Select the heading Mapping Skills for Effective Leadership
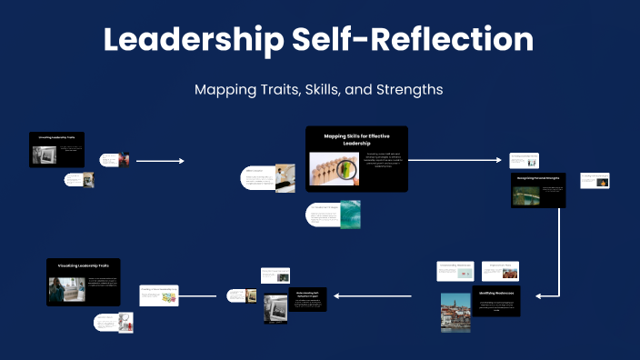coord(356,139)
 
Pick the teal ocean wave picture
coord(350,214)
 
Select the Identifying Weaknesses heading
coord(496,294)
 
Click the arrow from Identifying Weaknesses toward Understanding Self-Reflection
coord(373,295)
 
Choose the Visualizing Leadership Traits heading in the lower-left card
coord(84,265)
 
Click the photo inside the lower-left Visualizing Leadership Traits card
coord(67,290)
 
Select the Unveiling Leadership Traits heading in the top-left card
coord(56,136)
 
